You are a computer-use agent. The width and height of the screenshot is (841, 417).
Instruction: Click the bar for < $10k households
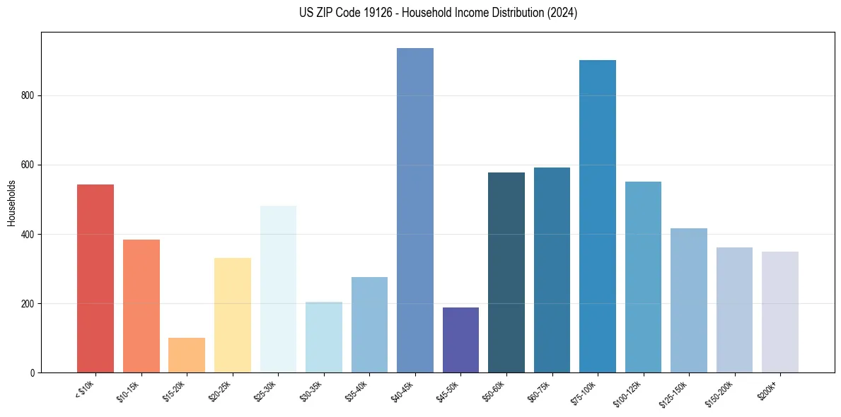click(95, 278)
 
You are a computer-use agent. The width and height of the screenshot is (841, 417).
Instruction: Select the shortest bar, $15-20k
click(187, 356)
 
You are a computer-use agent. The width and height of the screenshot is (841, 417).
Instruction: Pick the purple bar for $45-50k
click(460, 340)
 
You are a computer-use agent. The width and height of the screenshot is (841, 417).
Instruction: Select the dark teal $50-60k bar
click(506, 273)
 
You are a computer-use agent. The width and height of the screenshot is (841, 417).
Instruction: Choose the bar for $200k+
click(780, 312)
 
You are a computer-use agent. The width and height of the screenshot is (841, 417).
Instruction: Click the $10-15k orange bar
click(141, 306)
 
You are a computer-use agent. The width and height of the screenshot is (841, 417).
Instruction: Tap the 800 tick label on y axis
click(28, 96)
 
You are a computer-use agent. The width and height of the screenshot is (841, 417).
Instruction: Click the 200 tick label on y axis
click(28, 304)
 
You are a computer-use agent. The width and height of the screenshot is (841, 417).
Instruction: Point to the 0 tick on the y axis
click(32, 373)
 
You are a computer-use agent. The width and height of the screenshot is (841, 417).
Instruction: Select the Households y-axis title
click(11, 203)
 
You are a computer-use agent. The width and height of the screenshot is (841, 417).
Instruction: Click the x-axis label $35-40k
click(359, 390)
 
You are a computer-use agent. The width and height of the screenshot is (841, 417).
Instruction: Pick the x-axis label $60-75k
click(542, 390)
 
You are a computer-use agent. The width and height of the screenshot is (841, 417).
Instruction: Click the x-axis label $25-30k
click(268, 390)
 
